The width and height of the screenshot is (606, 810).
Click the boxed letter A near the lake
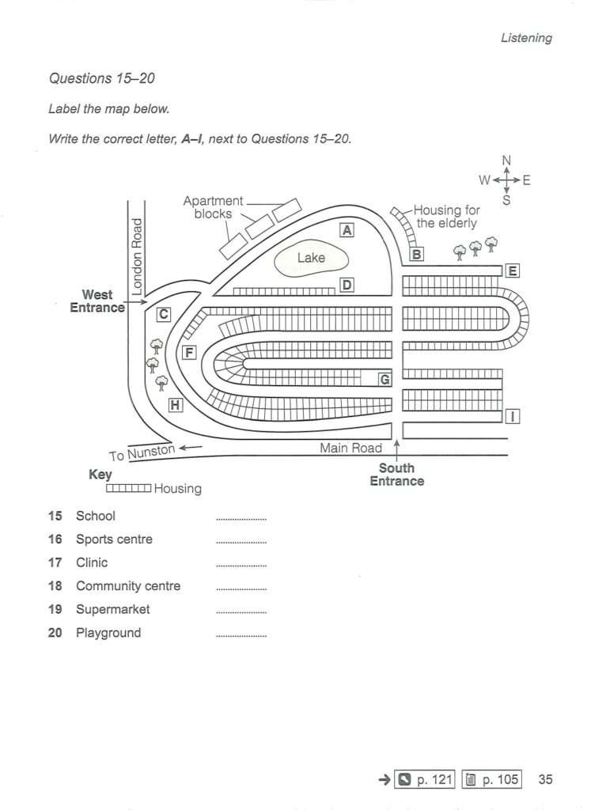(347, 230)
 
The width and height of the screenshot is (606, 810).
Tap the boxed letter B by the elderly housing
(416, 254)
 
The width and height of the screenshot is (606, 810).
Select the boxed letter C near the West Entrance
(163, 314)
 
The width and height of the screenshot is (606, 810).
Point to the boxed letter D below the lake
(347, 285)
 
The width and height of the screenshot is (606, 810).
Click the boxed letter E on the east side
(512, 271)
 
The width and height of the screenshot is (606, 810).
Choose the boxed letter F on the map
(190, 353)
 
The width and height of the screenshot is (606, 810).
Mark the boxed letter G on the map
(385, 380)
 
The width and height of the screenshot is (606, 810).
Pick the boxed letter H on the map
(175, 405)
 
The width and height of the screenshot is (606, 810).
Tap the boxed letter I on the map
(512, 416)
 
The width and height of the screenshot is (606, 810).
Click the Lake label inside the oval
(311, 257)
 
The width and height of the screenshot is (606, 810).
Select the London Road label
(136, 256)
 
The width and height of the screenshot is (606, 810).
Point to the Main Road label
(350, 448)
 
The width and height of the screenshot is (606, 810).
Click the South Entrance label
(397, 475)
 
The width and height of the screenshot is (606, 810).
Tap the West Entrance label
(97, 301)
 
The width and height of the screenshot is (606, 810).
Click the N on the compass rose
(506, 160)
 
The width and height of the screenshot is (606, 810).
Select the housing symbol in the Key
(129, 488)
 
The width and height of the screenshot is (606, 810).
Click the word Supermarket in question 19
(112, 610)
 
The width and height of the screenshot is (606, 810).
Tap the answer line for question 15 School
(241, 519)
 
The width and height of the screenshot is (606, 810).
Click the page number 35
(545, 779)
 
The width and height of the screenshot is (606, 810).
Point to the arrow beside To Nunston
(191, 448)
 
